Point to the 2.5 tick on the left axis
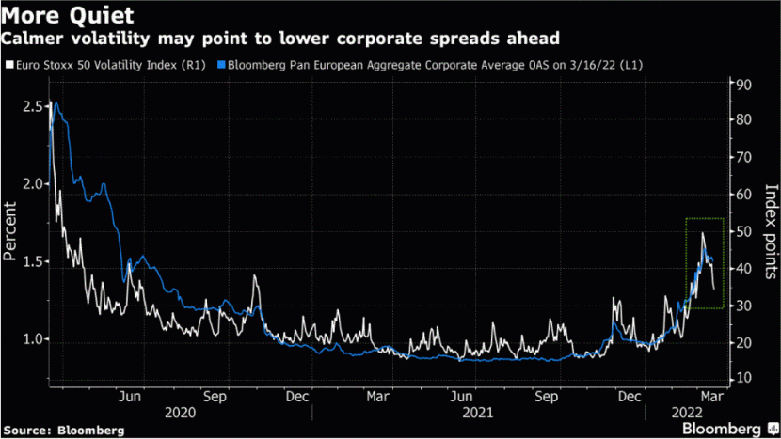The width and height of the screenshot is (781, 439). pos(29,107)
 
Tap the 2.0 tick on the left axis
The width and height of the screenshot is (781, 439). pos(29,184)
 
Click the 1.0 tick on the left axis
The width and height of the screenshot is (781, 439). pos(29,339)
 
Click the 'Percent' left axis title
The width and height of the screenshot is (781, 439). pos(10,230)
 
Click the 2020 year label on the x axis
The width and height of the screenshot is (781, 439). pos(179,413)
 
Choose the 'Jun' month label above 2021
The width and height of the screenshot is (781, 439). pos(461,397)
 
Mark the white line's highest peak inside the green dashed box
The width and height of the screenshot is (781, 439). pos(701,233)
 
